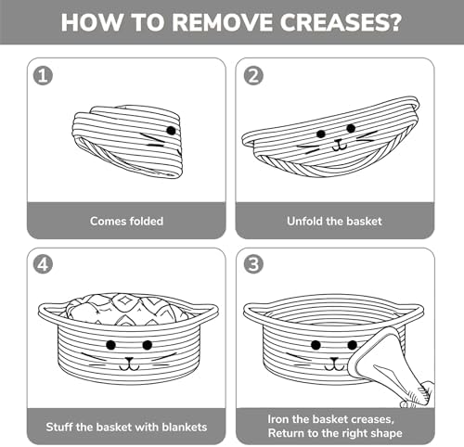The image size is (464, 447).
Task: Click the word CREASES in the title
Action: [341, 22]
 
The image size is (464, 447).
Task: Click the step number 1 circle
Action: [43, 76]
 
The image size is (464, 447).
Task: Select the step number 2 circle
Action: [253, 76]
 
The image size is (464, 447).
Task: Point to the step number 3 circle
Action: [253, 264]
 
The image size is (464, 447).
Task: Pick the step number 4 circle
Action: [43, 264]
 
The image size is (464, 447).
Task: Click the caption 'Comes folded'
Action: [126, 221]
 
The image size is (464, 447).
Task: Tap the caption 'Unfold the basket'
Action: [334, 221]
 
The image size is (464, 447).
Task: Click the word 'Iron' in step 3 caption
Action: [278, 419]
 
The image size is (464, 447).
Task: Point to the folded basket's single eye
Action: [171, 131]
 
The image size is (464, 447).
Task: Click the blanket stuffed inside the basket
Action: [127, 309]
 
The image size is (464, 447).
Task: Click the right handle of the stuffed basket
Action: [204, 312]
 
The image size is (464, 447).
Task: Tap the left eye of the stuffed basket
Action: [110, 345]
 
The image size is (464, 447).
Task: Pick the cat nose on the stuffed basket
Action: [129, 360]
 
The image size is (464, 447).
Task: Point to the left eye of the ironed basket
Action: [316, 345]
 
